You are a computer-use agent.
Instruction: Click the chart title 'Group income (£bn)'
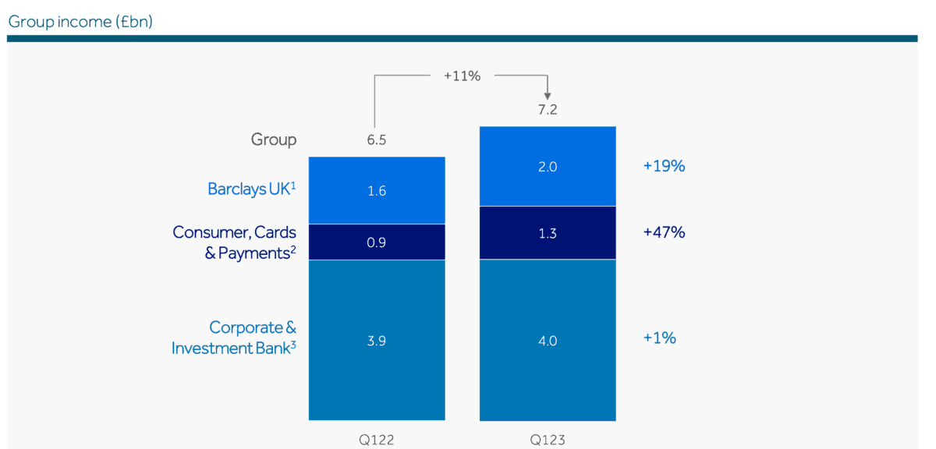click(80, 21)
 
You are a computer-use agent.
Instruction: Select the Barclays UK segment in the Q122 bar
click(377, 190)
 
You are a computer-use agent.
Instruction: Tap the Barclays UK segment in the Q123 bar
click(548, 166)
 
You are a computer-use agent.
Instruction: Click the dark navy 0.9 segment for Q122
click(377, 242)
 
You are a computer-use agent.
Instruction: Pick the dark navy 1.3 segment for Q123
click(548, 232)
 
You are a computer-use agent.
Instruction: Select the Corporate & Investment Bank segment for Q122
click(377, 340)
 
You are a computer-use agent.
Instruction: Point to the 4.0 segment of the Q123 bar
click(548, 340)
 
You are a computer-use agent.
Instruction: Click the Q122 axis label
click(377, 440)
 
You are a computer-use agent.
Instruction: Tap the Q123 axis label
click(548, 440)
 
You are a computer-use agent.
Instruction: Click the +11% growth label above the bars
click(462, 76)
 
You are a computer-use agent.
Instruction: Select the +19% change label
click(664, 166)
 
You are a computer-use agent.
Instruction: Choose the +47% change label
click(664, 232)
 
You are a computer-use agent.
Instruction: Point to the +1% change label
click(659, 338)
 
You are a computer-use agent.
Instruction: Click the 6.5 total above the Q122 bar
click(377, 140)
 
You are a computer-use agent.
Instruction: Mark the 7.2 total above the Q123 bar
click(548, 110)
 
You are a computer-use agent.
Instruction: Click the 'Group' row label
click(273, 140)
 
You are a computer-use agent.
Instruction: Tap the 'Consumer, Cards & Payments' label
click(235, 242)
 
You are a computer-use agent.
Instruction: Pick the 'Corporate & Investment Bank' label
click(235, 338)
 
